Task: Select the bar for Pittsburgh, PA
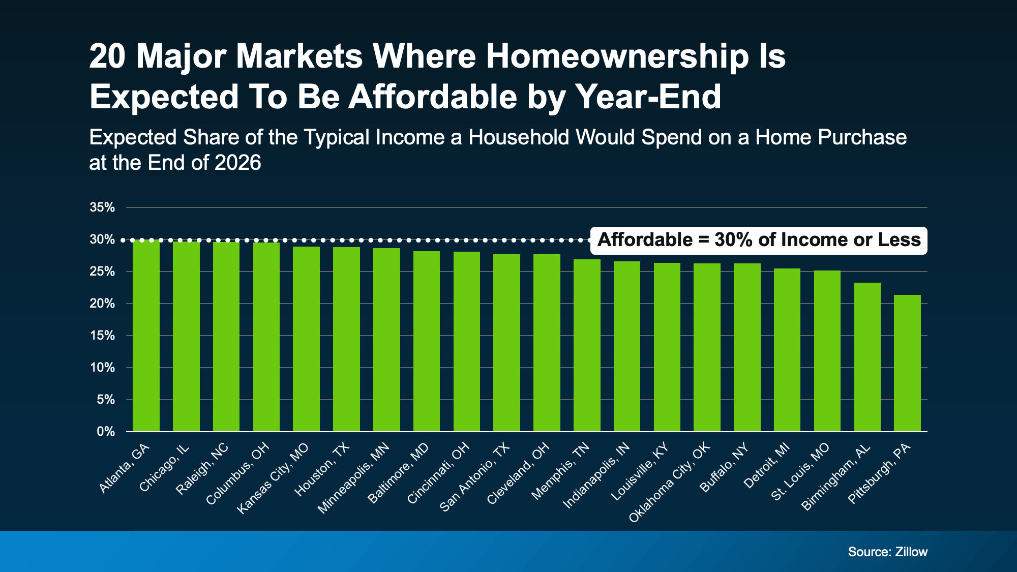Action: click(907, 363)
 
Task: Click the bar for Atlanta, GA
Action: click(146, 336)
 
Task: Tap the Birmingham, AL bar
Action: click(867, 357)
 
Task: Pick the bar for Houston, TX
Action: click(346, 339)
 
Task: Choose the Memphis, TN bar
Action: click(587, 345)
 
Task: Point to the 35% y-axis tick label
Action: click(102, 207)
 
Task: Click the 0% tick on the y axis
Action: click(106, 432)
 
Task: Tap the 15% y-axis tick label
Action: click(102, 336)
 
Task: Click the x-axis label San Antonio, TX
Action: click(474, 477)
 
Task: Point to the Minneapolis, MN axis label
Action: click(353, 478)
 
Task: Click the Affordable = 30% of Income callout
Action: click(758, 240)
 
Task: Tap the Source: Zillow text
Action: click(887, 552)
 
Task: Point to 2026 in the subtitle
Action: click(237, 163)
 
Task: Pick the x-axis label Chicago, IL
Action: click(164, 468)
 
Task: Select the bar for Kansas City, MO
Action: click(306, 339)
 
